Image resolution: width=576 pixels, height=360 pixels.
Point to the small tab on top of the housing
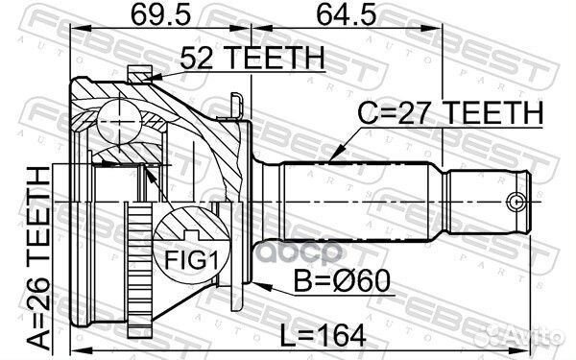click(x=141, y=70)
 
